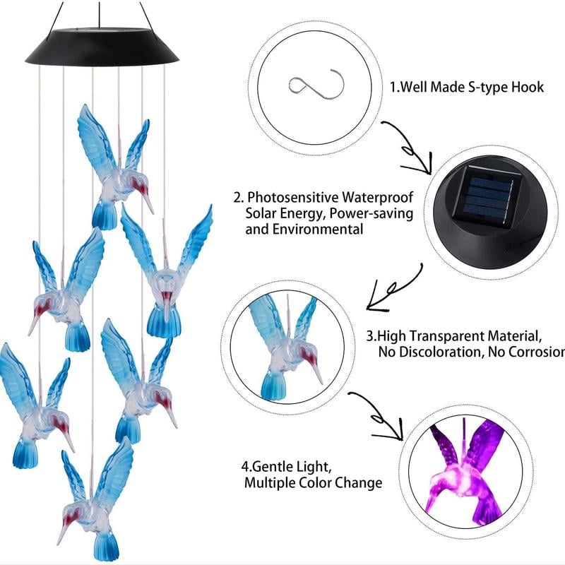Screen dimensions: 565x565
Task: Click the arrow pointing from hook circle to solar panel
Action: tap(410, 148)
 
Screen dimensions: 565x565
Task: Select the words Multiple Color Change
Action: tap(313, 483)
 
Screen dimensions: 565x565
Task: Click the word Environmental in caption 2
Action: tap(317, 229)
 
